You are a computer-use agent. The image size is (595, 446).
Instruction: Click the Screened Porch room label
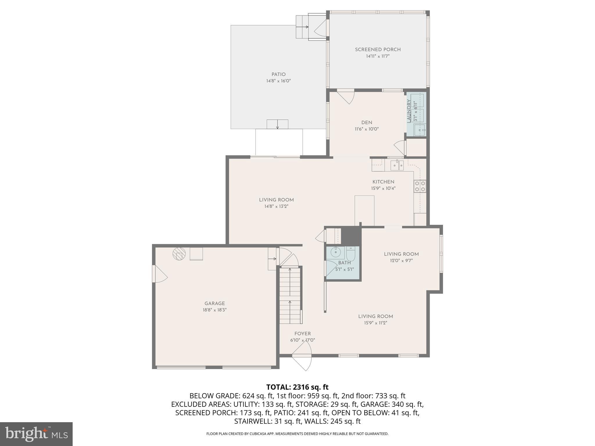coord(378,50)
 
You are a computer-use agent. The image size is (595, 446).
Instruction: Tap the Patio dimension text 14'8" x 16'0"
coord(278,81)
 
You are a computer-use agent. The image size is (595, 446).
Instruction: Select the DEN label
coord(367,123)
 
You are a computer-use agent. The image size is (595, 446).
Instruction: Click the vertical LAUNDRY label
coord(409,111)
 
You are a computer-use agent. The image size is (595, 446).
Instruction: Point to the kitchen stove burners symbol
coord(420,186)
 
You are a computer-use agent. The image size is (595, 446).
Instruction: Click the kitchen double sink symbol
coord(397,166)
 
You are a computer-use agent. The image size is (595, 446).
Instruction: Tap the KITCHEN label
coord(383,182)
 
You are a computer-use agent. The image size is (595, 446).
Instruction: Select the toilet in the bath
coord(351,253)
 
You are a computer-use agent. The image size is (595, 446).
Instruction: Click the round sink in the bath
coord(336,252)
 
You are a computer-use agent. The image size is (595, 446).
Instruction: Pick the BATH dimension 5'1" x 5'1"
coord(345,269)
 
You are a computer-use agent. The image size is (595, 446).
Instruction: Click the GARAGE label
coord(214,303)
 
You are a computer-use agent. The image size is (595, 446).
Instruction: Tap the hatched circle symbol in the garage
coord(179,254)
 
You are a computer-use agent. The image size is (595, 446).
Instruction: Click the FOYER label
coord(302,334)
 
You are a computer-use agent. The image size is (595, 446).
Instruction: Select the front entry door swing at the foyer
coord(302,360)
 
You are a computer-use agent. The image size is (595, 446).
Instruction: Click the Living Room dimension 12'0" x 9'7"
coord(401,260)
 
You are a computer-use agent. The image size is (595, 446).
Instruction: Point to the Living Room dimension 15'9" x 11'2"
coord(375,323)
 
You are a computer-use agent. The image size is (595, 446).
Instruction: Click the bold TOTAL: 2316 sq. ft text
coord(297,387)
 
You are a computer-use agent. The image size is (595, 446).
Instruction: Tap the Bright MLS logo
coord(36,434)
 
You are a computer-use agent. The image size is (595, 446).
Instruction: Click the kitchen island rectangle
coord(364,210)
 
